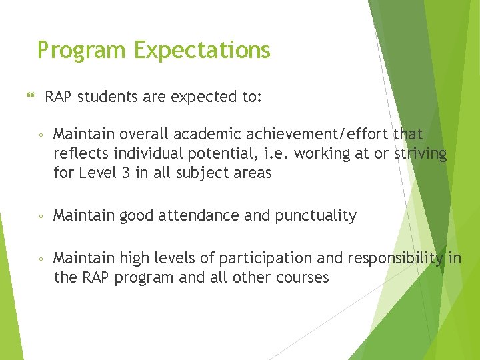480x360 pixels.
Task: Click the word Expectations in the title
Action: tap(202, 51)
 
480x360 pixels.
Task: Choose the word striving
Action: tap(421, 154)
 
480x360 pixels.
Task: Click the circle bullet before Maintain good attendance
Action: tap(41, 216)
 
